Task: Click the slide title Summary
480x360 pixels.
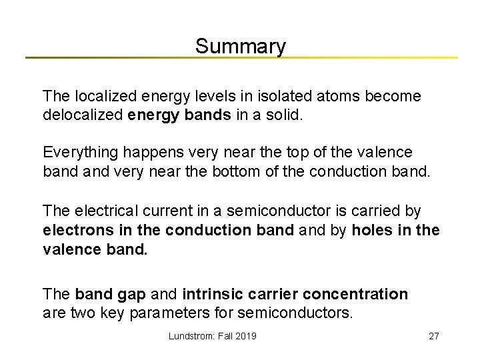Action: point(240,46)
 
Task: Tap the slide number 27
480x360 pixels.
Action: point(433,336)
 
